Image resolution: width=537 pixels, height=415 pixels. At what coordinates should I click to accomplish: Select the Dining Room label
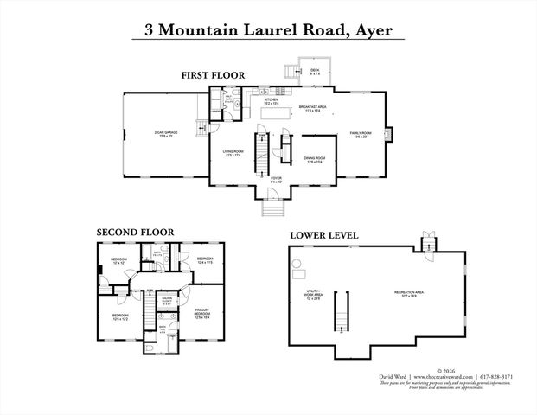[x=314, y=160]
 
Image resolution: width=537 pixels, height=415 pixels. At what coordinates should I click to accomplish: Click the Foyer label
[x=276, y=180]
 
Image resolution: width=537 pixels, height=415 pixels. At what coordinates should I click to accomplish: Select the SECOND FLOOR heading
[x=135, y=232]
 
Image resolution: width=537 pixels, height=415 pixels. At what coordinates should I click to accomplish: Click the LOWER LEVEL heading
[x=324, y=234]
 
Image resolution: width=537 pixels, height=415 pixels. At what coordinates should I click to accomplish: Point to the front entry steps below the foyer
[x=275, y=208]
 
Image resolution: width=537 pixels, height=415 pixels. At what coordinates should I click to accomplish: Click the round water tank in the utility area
[x=297, y=263]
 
